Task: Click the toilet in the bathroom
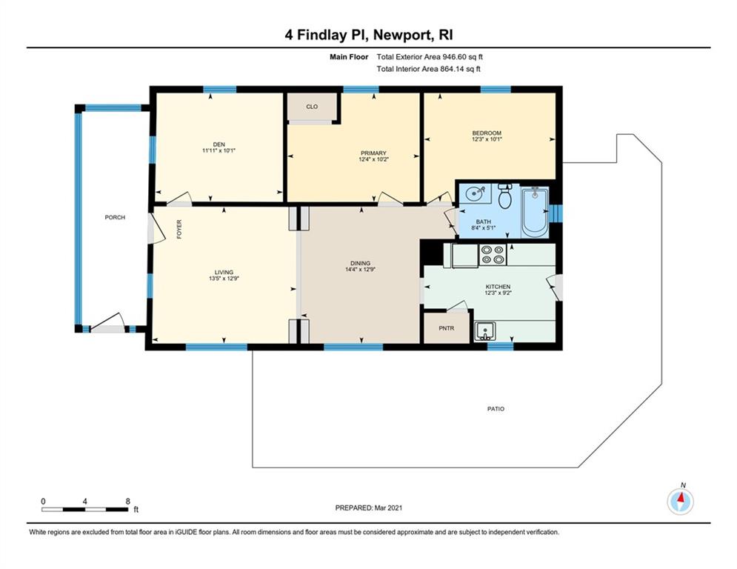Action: pos(505,196)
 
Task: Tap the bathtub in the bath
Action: pos(535,212)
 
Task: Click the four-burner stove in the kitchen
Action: pos(493,255)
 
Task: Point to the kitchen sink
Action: pos(484,331)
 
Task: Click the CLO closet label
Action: pos(312,107)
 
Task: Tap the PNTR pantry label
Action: pos(447,328)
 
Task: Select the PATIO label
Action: pos(496,409)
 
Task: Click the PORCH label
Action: pos(115,217)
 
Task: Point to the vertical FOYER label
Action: pos(179,230)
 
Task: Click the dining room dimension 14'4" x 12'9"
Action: pos(361,270)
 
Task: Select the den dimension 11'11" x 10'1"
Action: pos(219,150)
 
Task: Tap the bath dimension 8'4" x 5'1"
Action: pos(484,228)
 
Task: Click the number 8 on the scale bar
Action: pos(128,502)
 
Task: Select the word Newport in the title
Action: pos(398,36)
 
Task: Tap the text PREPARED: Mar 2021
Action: pos(369,508)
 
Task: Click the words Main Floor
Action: pos(349,57)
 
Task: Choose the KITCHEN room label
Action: pos(498,287)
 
